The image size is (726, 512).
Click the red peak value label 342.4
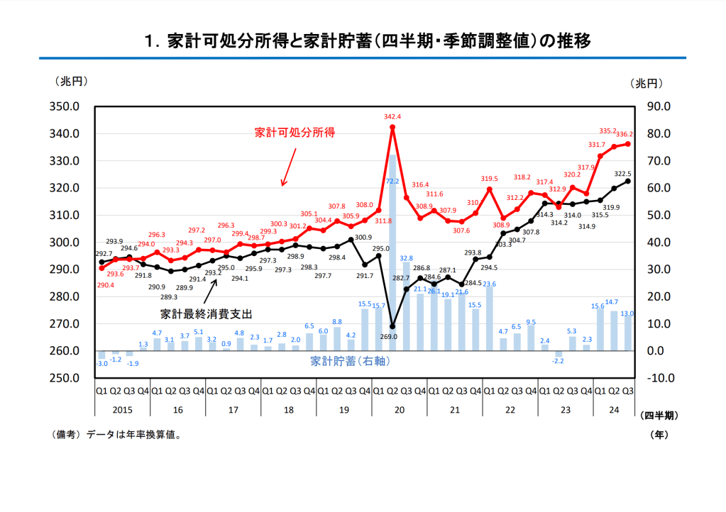392,116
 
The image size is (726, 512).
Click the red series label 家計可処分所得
295,133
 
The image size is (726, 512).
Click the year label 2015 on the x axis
122,409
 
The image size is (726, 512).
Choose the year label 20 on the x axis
400,409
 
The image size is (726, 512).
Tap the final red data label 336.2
624,133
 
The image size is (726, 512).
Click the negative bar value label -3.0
102,364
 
